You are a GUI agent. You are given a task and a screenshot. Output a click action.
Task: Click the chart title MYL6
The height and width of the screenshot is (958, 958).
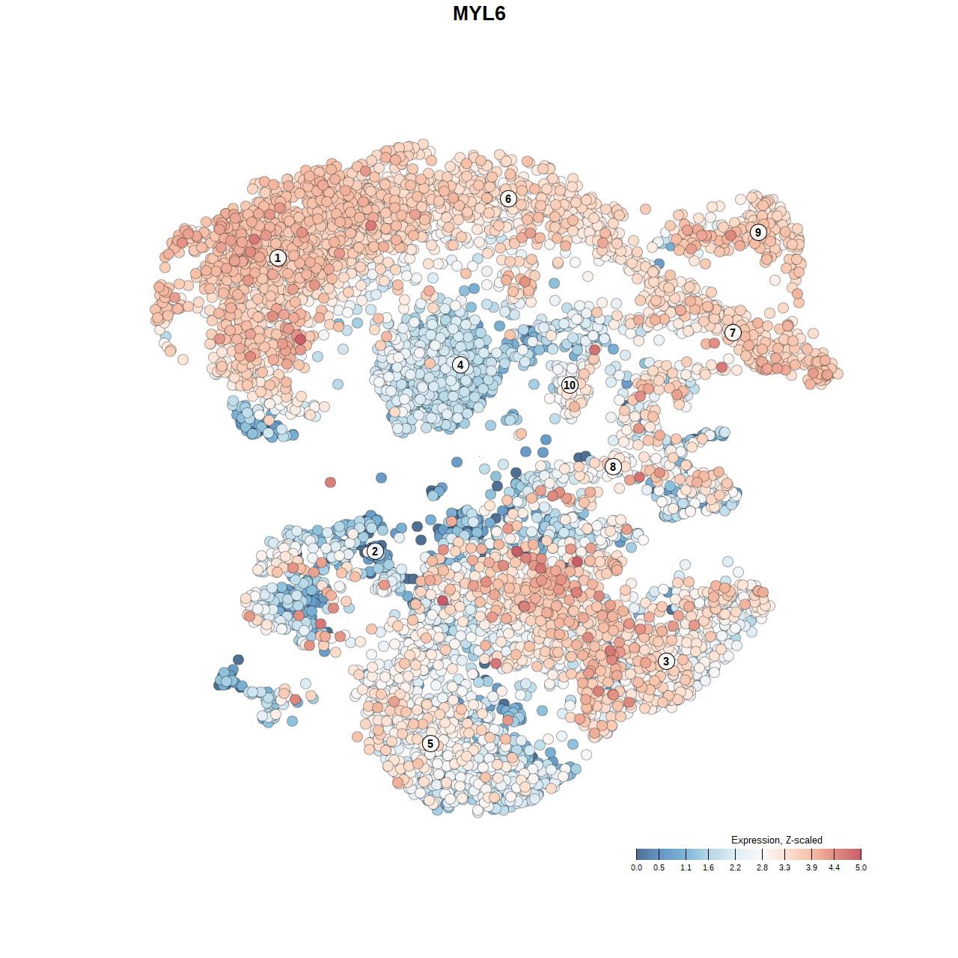479,13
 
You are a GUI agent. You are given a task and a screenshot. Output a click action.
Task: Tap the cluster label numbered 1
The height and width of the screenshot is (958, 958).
278,257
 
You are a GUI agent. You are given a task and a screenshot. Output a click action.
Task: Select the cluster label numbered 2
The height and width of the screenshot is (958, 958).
375,552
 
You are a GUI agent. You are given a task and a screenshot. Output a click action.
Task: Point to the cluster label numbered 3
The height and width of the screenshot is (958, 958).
666,661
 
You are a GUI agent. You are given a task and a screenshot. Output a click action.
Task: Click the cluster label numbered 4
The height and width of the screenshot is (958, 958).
460,364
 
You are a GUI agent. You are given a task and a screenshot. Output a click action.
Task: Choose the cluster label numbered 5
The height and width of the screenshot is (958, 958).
430,743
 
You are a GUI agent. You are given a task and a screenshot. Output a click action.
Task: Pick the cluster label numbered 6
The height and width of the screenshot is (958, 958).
508,198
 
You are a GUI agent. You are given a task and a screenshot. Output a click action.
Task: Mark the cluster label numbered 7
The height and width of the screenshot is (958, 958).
733,332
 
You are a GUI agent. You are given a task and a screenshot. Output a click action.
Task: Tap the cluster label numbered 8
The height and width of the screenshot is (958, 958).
613,466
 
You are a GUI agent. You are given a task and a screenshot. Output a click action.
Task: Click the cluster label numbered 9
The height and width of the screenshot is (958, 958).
758,232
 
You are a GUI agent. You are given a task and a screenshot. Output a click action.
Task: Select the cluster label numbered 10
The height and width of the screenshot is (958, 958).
570,385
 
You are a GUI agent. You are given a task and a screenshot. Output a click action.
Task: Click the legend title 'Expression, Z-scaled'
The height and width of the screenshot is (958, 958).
776,840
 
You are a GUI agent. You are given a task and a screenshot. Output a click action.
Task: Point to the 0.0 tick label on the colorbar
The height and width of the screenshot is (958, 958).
636,868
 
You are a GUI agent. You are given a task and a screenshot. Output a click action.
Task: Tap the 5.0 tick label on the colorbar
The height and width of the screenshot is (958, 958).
861,868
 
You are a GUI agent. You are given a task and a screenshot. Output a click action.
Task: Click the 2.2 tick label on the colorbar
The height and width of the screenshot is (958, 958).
735,868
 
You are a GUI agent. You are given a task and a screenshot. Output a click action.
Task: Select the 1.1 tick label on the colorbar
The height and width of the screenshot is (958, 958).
686,868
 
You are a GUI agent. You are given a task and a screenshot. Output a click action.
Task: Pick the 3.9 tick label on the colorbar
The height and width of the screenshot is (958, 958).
811,868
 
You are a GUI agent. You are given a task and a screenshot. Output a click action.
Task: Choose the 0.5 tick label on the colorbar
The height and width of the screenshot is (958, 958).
659,868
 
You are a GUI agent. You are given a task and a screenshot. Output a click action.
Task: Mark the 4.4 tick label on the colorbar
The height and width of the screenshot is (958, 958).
834,868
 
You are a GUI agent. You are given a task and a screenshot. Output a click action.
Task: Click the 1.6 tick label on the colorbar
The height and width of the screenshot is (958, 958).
708,868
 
